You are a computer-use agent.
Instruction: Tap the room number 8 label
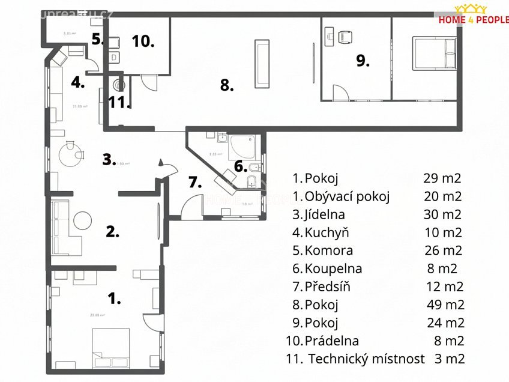tap(226, 85)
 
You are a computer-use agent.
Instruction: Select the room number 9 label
tap(363, 60)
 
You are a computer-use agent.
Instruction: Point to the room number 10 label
tap(143, 41)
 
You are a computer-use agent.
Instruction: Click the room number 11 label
tap(120, 102)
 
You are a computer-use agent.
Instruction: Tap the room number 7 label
tap(196, 182)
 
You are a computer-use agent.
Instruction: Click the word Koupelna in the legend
tap(333, 268)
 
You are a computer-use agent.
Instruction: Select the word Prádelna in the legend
tap(332, 341)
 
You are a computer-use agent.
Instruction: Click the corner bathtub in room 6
tap(242, 147)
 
